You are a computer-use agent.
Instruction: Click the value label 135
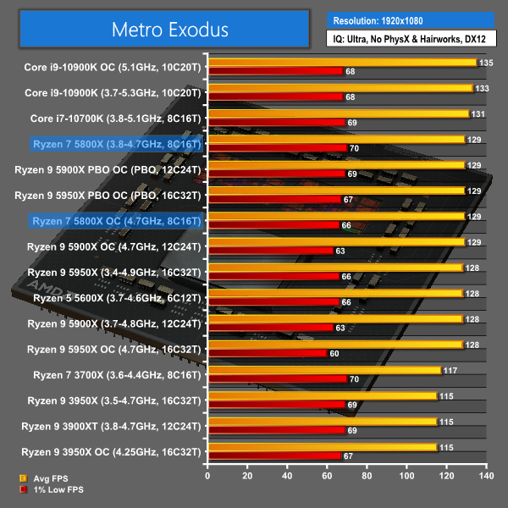point(486,63)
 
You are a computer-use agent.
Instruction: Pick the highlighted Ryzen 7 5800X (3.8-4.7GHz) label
point(116,144)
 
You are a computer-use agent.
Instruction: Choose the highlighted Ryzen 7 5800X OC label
point(116,221)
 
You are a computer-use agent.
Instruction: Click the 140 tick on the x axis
point(485,477)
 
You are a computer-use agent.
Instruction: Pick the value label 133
point(482,88)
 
